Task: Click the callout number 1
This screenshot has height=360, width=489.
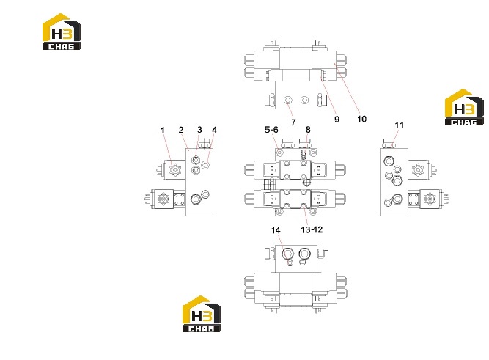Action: (x=163, y=130)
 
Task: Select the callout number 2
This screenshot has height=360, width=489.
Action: (x=181, y=130)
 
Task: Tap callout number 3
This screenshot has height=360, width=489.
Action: (x=199, y=130)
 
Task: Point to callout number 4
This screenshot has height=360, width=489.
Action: (x=214, y=130)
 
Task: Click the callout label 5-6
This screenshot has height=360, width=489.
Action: (x=271, y=130)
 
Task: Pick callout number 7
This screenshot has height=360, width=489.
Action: (x=293, y=122)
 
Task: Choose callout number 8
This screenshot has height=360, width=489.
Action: (x=308, y=130)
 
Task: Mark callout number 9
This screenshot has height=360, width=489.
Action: (x=337, y=119)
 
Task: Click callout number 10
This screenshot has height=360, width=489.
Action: (x=361, y=119)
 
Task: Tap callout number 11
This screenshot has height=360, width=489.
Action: (x=399, y=125)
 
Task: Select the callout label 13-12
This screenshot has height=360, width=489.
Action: (x=312, y=229)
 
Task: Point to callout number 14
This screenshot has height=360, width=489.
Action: (x=276, y=230)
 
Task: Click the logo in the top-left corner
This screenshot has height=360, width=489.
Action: (x=62, y=32)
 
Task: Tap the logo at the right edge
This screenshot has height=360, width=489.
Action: (x=464, y=107)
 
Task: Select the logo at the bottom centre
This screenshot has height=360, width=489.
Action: (x=202, y=314)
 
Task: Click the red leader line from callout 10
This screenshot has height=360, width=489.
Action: (x=347, y=88)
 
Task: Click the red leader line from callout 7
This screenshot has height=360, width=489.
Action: (x=290, y=109)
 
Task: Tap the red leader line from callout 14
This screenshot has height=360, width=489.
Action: (x=282, y=246)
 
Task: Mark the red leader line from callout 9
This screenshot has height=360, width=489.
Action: (x=328, y=95)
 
